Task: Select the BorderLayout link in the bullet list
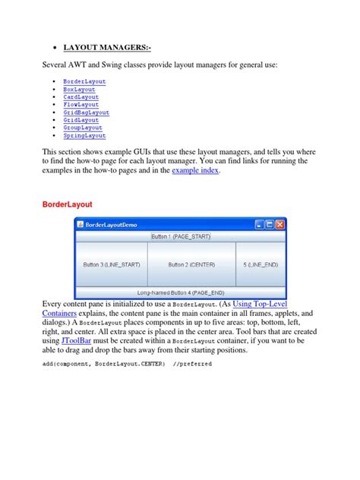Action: (x=84, y=81)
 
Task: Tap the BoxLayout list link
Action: (x=79, y=89)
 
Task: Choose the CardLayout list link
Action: (x=81, y=96)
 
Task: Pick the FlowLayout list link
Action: (x=81, y=105)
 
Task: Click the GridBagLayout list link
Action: (x=86, y=112)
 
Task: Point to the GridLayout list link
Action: (x=81, y=120)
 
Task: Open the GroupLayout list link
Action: (x=83, y=128)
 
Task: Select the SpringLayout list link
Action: (x=84, y=136)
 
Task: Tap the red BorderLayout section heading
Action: (x=71, y=205)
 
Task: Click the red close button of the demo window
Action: (x=280, y=225)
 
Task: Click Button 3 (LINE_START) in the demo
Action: (x=110, y=264)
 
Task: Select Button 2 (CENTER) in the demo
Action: (x=191, y=264)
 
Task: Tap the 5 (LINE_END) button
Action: (x=261, y=264)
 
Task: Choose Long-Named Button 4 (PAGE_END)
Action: (x=181, y=292)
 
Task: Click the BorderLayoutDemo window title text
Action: (x=112, y=225)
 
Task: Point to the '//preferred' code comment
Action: (x=193, y=364)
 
